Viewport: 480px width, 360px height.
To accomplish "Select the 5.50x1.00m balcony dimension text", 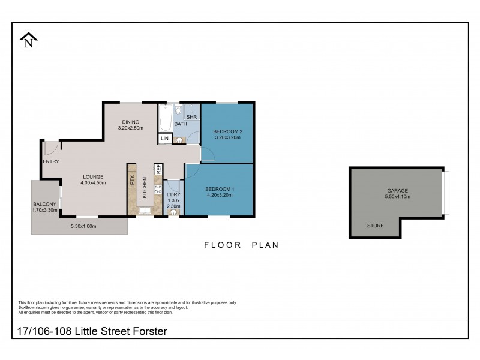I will [83, 226].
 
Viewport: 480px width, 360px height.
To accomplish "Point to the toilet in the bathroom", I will [178, 111].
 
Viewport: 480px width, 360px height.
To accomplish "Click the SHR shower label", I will [191, 117].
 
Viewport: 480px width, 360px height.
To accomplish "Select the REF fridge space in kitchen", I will [158, 170].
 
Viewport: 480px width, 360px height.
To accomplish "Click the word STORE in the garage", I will [376, 226].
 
